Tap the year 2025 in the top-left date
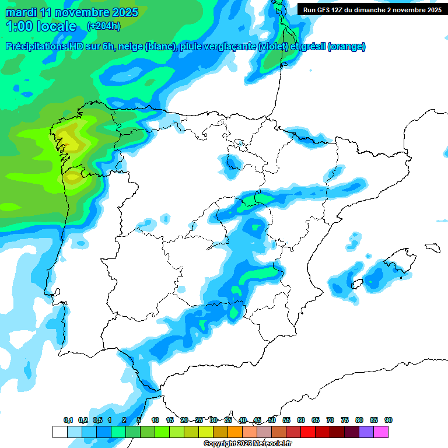click(x=123, y=12)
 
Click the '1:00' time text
click(x=18, y=26)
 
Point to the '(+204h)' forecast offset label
click(x=103, y=26)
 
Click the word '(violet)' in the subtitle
click(x=276, y=47)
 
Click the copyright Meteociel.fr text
click(x=248, y=444)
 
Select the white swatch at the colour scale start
click(x=60, y=432)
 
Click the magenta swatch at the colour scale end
click(x=381, y=432)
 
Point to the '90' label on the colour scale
click(x=388, y=420)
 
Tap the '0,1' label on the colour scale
click(x=68, y=420)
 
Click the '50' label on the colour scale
click(x=272, y=420)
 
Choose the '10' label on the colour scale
click(x=155, y=420)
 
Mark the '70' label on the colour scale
click(x=330, y=420)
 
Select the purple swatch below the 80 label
click(x=366, y=432)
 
